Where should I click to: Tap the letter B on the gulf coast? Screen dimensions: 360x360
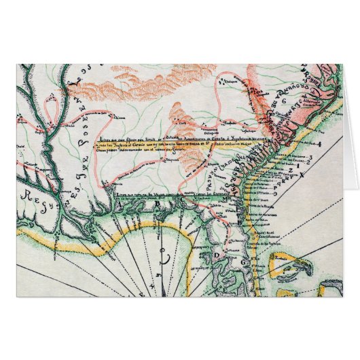tap(158, 203)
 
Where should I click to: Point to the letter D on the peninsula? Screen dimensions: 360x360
tap(216, 255)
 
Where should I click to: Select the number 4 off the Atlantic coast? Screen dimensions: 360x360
tap(319, 144)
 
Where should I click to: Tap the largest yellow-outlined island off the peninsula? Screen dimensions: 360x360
tap(289, 262)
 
